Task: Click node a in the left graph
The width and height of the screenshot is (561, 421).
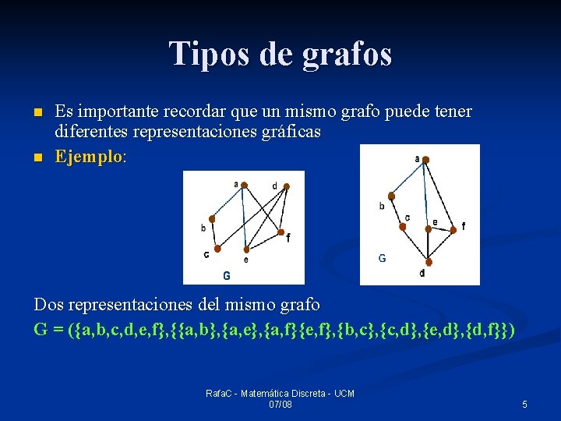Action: pos(243,185)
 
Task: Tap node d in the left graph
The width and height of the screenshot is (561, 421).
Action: pos(287,186)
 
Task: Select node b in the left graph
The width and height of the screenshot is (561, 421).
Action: pos(211,219)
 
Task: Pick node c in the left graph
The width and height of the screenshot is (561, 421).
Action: pos(217,249)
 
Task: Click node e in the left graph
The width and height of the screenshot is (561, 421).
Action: pos(246,249)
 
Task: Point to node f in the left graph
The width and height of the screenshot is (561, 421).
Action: pos(280,232)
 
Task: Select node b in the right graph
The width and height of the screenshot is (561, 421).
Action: pos(391,196)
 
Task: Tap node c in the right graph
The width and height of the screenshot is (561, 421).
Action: pos(403,227)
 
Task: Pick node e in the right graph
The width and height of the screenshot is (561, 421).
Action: pos(428,228)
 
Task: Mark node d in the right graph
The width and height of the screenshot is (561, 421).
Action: pos(428,263)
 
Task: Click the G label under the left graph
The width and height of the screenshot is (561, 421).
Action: pos(227,275)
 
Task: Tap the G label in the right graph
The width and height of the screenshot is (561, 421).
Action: pos(382,258)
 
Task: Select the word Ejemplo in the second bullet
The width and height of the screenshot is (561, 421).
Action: pos(88,156)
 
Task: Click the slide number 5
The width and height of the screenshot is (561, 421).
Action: pos(524,404)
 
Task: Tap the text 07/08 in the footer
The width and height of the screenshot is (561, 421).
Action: pos(280,404)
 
